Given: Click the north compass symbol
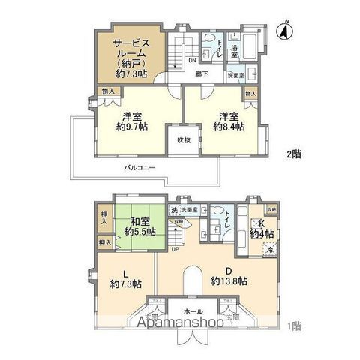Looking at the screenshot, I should click(x=283, y=32).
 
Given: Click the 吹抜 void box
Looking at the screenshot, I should click(x=184, y=140).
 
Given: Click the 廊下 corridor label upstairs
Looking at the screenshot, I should click(x=201, y=73).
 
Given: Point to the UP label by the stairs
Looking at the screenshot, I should click(x=175, y=249).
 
